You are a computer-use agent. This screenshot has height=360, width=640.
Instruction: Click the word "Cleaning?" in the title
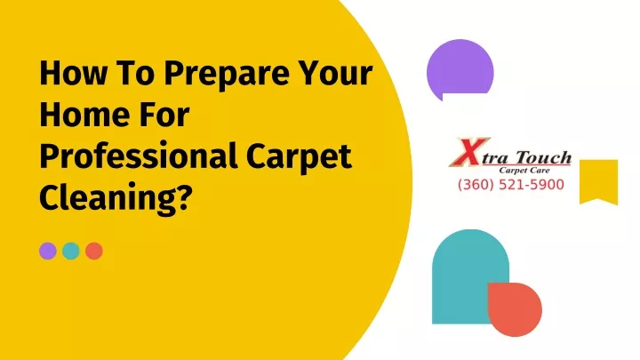coord(115,197)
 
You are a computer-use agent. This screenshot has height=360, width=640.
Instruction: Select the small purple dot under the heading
coord(48,251)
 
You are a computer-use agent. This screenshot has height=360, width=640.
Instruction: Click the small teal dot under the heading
coord(70,251)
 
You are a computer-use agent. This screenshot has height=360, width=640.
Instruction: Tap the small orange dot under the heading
coord(94,251)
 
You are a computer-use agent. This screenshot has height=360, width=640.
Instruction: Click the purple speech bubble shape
coord(460,69)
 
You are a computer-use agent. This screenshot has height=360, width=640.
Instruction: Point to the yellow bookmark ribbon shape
coord(598,180)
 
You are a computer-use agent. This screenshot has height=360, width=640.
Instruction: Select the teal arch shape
coord(465,274)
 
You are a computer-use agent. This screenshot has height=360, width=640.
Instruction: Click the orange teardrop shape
coord(515,308)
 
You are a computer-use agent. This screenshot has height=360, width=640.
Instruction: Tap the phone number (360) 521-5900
coord(511,185)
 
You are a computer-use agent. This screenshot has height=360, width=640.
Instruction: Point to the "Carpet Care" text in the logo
coord(524,170)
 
